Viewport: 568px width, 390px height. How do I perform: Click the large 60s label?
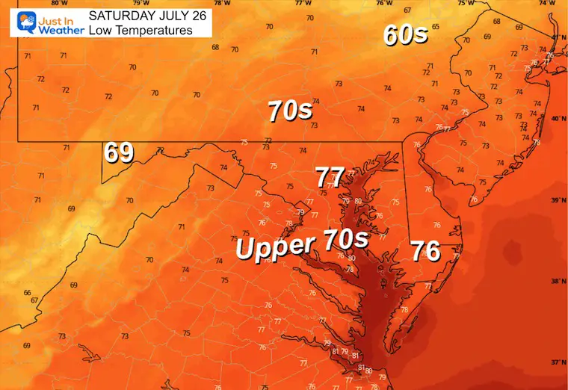point(405,34)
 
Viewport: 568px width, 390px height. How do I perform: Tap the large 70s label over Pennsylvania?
point(290,111)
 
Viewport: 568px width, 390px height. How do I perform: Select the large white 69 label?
point(119,152)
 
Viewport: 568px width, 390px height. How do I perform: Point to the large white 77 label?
point(330,178)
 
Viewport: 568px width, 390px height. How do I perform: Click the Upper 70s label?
point(302,244)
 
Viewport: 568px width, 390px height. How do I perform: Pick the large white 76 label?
point(425,251)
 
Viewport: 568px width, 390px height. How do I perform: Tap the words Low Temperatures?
point(140,30)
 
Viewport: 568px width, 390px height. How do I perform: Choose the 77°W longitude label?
point(302,3)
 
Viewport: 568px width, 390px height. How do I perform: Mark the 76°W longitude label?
point(383,3)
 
